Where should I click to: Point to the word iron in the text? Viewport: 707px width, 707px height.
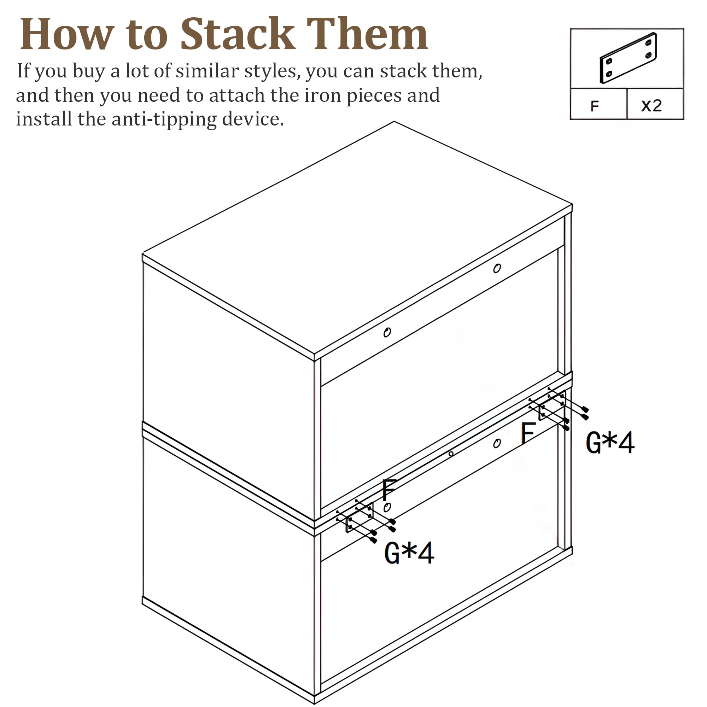(322, 95)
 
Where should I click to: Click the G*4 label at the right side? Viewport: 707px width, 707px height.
(610, 443)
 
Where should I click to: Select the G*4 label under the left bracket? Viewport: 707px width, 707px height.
(409, 554)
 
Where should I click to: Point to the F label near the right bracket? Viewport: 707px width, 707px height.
(528, 433)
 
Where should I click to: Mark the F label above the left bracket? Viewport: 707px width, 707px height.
(389, 490)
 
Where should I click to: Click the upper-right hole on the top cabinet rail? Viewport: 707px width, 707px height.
(497, 269)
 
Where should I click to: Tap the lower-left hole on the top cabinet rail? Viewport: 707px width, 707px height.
(387, 332)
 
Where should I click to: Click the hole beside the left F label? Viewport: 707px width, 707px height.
(387, 508)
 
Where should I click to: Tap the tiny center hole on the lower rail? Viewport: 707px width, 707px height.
(451, 454)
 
